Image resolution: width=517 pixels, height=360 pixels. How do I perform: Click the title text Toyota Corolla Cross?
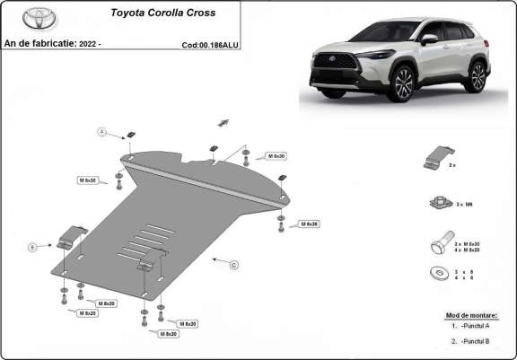[x=162, y=14]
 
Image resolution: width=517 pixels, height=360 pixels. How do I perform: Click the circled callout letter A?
[x=102, y=132]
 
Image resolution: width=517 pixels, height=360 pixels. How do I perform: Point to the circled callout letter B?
[x=32, y=245]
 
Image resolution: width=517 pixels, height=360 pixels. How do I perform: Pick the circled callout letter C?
[x=233, y=265]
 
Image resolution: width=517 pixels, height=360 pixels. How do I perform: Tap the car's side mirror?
[x=429, y=40]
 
